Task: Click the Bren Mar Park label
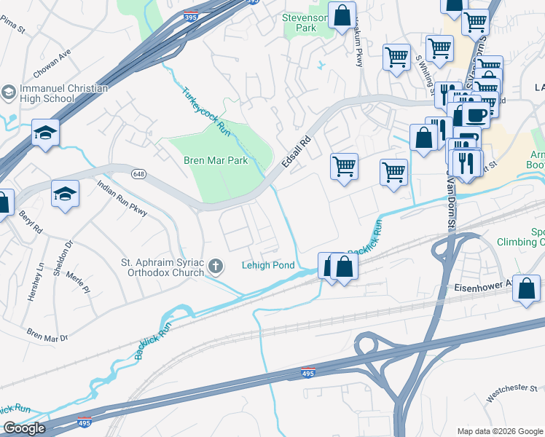point(216,160)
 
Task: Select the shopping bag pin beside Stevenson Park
point(341,15)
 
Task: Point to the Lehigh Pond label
point(268,266)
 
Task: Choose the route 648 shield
point(138,174)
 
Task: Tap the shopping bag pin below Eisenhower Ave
point(526,288)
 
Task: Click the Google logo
point(24,428)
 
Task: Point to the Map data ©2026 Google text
point(499,431)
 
